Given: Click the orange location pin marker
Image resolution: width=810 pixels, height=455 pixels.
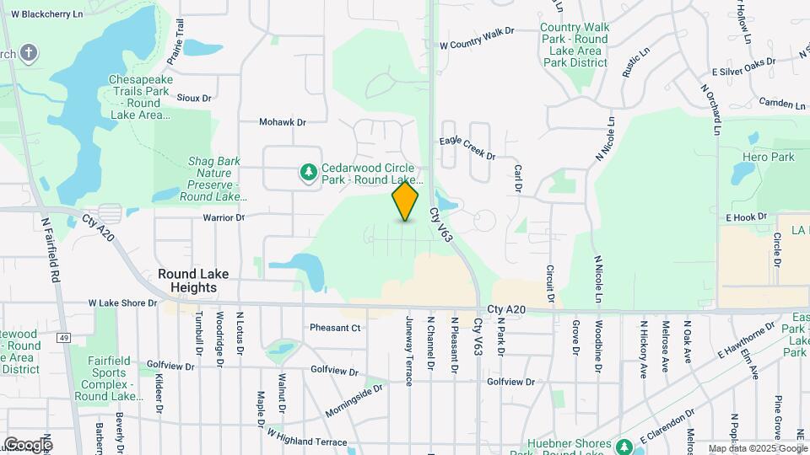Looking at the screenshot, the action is pos(406,201).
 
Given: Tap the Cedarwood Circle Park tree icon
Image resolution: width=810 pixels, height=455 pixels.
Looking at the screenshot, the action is pos(309,172).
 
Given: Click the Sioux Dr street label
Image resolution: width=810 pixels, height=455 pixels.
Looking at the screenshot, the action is pos(194,98).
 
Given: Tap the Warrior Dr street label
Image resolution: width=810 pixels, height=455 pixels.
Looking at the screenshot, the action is pos(223,217).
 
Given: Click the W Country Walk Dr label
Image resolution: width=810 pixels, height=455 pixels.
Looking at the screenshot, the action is pos(477,38).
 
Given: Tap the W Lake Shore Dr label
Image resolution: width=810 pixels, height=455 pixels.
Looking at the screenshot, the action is pos(123,302).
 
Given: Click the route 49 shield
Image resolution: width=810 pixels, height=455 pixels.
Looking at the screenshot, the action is pos(62,338).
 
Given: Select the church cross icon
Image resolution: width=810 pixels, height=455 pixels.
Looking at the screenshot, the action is pos(29,54).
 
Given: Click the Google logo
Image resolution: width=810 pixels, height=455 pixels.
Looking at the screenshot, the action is pos(27,444).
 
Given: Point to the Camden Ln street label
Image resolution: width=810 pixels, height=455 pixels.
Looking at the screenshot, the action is pos(782,104).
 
